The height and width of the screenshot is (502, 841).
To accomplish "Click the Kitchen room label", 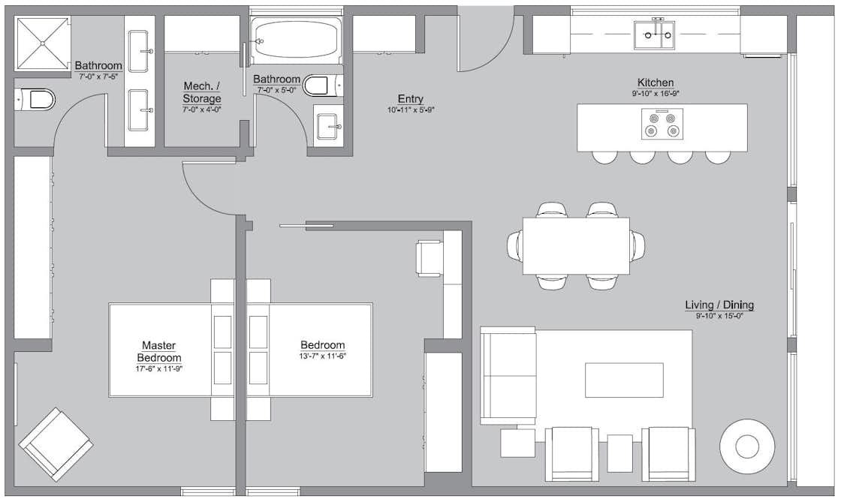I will tap(655, 83).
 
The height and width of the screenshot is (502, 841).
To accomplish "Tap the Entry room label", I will tap(410, 99).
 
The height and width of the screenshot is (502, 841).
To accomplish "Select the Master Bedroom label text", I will tap(158, 352).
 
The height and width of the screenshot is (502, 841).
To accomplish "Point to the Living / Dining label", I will tap(719, 305).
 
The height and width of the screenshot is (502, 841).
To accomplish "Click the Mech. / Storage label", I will tap(202, 93).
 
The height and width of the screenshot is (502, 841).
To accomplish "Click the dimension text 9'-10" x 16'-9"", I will tap(655, 94).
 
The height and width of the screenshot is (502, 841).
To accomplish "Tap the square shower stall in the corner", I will tap(42, 44).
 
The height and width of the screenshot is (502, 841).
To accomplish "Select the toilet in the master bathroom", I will tap(36, 99).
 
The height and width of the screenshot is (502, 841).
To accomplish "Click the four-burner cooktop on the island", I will tap(662, 125).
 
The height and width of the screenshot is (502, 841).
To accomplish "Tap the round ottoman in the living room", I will tap(748, 446).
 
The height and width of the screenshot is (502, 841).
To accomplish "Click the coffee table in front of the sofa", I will tap(624, 380).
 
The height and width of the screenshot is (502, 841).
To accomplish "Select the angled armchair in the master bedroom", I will tap(56, 444).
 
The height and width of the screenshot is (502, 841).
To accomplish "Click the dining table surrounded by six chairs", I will tap(576, 245).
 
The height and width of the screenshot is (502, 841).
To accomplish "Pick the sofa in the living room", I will tap(508, 375).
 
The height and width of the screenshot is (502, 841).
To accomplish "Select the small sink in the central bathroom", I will tap(327, 127).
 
